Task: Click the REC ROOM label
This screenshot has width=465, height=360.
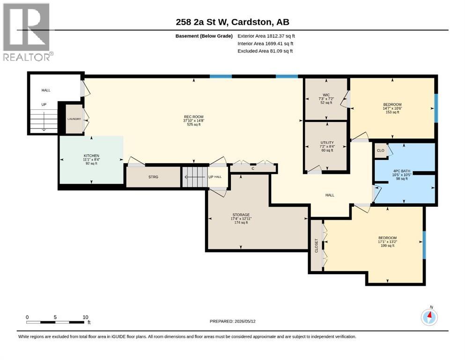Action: point(194,117)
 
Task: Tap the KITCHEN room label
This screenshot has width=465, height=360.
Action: point(91,156)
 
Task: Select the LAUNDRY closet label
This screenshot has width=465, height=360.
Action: point(74,119)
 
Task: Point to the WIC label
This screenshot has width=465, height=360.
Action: point(326,95)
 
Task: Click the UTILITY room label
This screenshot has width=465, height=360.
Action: point(327,142)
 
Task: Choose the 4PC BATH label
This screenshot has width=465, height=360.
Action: point(402,171)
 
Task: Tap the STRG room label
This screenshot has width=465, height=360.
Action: point(153,177)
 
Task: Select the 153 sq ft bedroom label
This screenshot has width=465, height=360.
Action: point(392,108)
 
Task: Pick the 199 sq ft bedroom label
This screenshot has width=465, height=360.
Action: point(388,241)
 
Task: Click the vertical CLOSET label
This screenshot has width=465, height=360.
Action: point(316,246)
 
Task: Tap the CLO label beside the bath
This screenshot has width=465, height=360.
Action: point(381,150)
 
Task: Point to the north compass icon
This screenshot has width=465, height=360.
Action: point(429,317)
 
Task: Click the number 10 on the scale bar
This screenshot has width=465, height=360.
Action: point(85,317)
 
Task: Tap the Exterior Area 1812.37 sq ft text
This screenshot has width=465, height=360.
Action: point(266,36)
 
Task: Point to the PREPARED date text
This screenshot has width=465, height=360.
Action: point(232,321)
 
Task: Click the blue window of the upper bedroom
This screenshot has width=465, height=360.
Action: point(436,108)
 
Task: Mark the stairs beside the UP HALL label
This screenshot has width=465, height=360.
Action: point(194,177)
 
